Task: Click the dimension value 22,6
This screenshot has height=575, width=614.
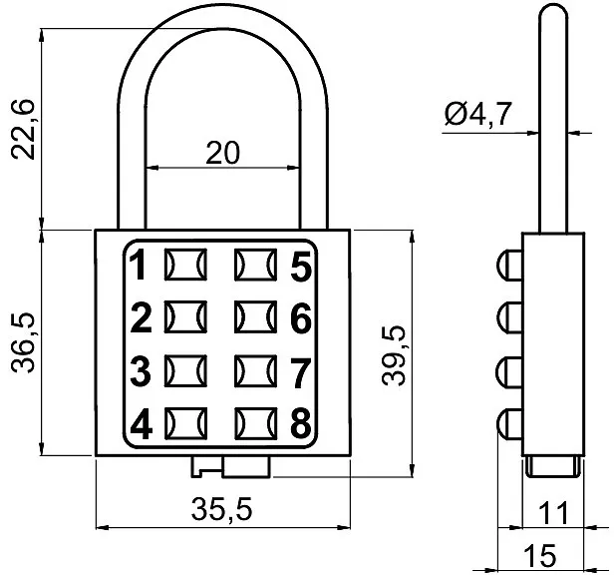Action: coord(24,130)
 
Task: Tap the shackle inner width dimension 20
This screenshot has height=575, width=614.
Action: coord(222,153)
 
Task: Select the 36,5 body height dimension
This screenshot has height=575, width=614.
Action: coord(24,342)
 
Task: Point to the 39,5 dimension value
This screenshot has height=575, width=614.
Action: coord(394,356)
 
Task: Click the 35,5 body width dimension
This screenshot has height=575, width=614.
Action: coord(221,509)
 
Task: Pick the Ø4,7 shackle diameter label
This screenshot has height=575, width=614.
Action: coord(478,114)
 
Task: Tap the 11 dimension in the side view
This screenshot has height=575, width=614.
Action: coord(553,513)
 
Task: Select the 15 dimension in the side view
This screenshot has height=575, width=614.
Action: coord(540,555)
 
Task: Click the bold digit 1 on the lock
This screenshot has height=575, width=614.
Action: coord(139,266)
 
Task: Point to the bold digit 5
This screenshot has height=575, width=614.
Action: coord(301,267)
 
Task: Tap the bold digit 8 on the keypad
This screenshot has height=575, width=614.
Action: coord(301,423)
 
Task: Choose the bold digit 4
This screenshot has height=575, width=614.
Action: coord(141,424)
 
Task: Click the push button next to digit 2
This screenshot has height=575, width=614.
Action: coord(185,316)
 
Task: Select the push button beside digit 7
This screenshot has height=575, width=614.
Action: coord(256,370)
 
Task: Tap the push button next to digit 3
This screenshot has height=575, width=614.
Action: coord(185,370)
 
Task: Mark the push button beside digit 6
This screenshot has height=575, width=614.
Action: coord(256,316)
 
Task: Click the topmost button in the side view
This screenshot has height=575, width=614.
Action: coord(509,266)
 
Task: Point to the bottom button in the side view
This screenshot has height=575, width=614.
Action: coord(509,425)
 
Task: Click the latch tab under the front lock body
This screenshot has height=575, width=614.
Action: coord(231,467)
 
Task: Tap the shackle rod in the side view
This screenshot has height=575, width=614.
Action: coord(553,119)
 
